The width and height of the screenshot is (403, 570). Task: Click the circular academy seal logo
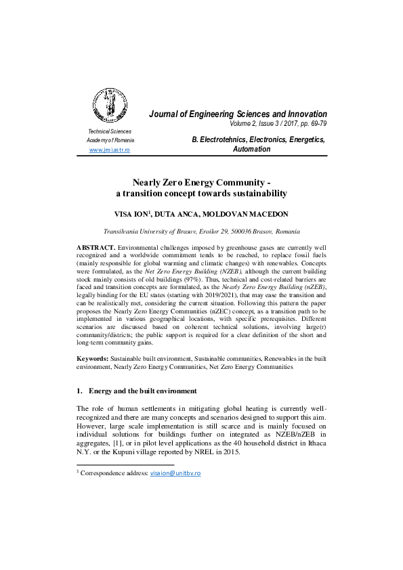pos(109,104)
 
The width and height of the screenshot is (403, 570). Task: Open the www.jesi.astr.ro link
pos(110,150)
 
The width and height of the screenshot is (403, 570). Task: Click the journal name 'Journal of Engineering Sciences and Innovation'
pos(238,114)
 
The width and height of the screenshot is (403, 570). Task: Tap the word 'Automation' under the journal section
pos(251,149)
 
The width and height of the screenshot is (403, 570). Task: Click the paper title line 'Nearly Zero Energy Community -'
pos(202,182)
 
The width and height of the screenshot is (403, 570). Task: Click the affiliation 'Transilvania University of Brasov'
pos(152,231)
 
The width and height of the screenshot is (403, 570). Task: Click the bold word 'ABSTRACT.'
pos(96,248)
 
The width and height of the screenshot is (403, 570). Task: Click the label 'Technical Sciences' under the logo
pos(110,131)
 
